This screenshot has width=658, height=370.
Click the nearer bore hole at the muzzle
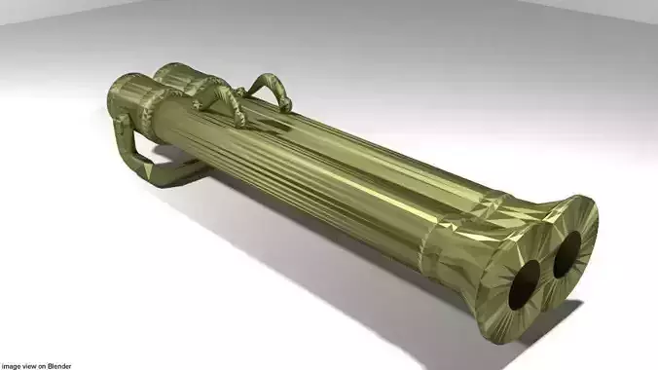tap(526, 283)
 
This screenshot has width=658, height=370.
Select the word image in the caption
tap(13, 365)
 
